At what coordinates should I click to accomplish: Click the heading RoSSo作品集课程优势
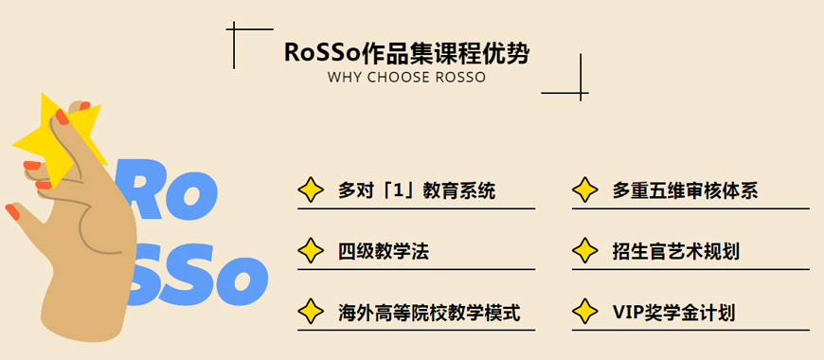(x=406, y=53)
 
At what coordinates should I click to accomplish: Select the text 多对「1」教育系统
(x=417, y=190)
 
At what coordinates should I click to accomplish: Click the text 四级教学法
(x=384, y=251)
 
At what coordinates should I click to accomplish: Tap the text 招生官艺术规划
(x=675, y=251)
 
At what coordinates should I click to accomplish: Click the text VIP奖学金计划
(x=673, y=312)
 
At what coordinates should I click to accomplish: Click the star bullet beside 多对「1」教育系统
(x=310, y=190)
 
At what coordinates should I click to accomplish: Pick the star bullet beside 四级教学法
(x=310, y=251)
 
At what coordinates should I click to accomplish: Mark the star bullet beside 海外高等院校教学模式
(x=310, y=312)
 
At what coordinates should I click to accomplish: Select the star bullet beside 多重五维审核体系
(x=585, y=190)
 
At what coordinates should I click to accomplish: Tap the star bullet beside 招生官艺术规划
(x=585, y=251)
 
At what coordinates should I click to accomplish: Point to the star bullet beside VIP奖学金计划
(x=585, y=312)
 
